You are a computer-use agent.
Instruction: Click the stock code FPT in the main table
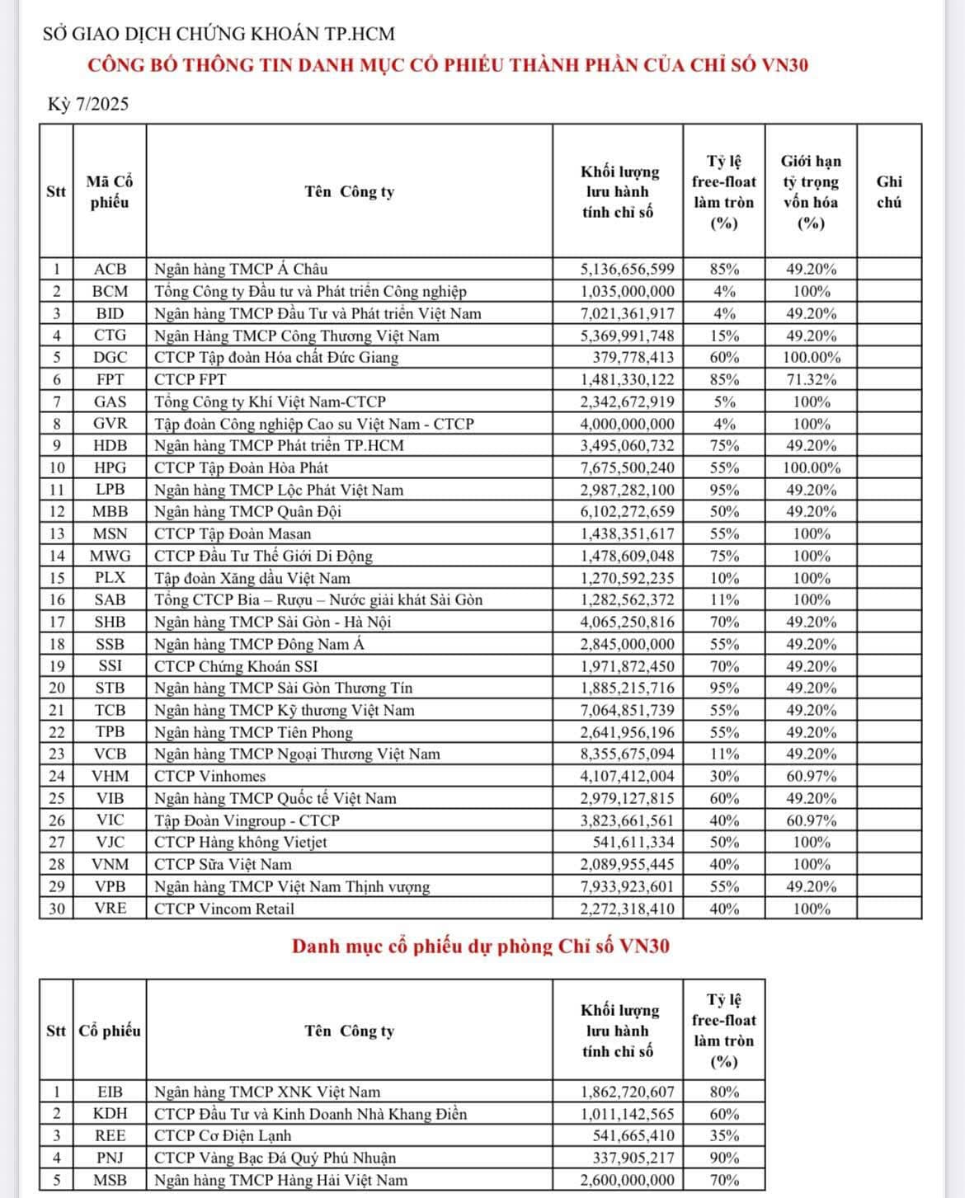tap(110, 379)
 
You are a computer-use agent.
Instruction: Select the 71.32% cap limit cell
tap(811, 379)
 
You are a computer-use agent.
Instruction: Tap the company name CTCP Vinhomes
tap(209, 776)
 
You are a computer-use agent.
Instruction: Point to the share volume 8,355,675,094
tap(627, 754)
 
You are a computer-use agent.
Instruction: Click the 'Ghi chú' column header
tap(888, 192)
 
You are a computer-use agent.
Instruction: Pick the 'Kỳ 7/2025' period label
tap(88, 105)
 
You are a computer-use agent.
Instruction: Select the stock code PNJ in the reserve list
tap(110, 1158)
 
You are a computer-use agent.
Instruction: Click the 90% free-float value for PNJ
tap(724, 1158)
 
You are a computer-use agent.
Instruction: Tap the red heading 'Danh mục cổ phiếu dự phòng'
tap(480, 946)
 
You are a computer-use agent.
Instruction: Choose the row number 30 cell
tap(56, 909)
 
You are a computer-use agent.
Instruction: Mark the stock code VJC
tap(110, 842)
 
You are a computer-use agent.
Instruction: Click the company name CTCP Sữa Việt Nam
tap(223, 864)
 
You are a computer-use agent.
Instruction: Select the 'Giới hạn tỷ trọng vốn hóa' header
tap(811, 192)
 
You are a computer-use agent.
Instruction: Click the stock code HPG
tap(110, 467)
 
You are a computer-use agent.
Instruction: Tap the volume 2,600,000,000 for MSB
tap(627, 1180)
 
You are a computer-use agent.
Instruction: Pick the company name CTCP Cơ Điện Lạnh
tap(223, 1135)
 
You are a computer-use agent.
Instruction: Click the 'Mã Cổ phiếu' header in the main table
tap(110, 192)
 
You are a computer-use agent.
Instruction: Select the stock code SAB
tap(110, 599)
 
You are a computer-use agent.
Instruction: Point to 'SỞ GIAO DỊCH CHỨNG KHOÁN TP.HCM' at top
tap(219, 34)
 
